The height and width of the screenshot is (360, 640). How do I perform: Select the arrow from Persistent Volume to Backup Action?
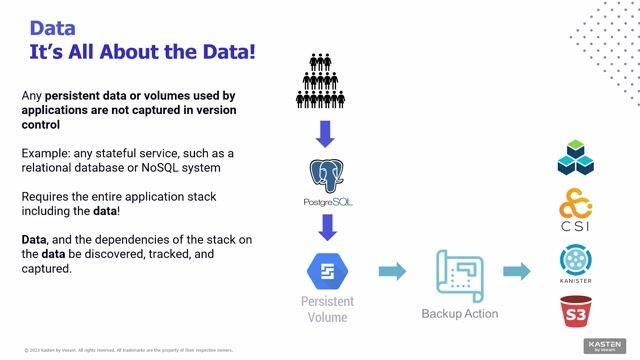391,271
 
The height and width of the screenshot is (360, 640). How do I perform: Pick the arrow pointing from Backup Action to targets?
515,271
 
